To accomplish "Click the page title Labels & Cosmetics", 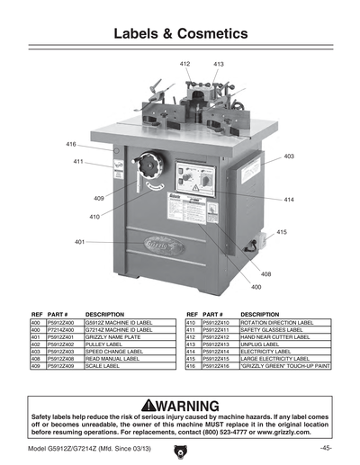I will click(x=180, y=34).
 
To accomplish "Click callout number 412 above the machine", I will click(x=184, y=65).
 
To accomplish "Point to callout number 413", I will click(x=219, y=65).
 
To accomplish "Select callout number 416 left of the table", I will click(x=70, y=144).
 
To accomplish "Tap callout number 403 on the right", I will click(x=289, y=156).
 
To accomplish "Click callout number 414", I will click(x=289, y=199).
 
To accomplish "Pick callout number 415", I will click(x=282, y=232).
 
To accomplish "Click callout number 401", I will click(x=79, y=242).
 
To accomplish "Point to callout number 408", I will click(x=266, y=273).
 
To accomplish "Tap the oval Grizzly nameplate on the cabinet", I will click(x=154, y=244).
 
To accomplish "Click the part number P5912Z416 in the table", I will click(x=220, y=367).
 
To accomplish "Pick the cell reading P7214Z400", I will click(x=64, y=328).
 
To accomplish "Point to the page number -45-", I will click(x=325, y=448).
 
